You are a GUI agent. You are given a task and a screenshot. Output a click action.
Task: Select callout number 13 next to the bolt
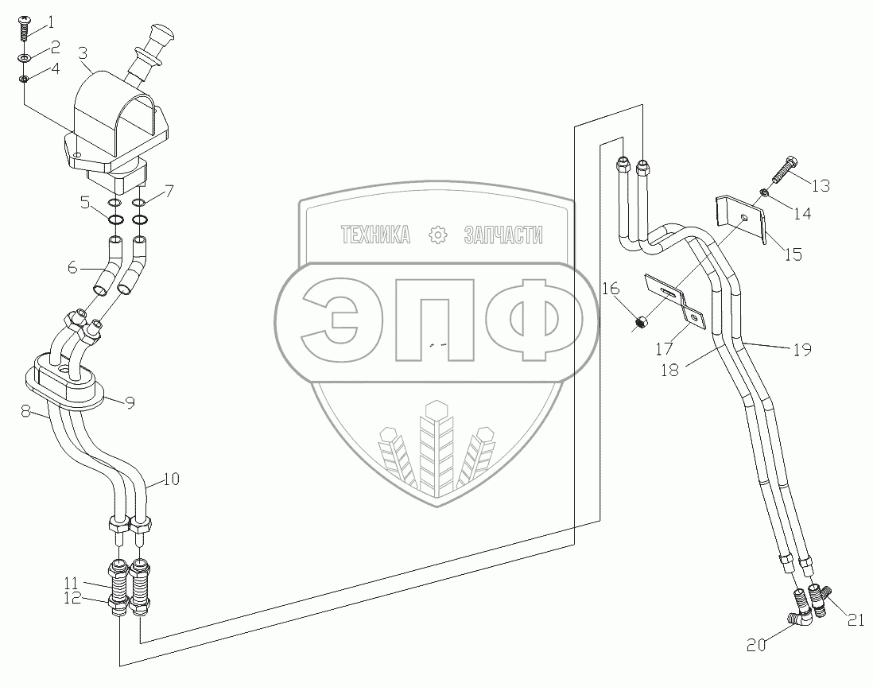(x=821, y=185)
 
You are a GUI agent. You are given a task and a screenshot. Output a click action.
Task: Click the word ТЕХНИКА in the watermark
(x=375, y=235)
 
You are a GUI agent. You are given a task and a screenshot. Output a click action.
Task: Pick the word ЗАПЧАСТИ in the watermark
(x=503, y=235)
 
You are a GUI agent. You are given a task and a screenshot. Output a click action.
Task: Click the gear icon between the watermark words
(x=436, y=235)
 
